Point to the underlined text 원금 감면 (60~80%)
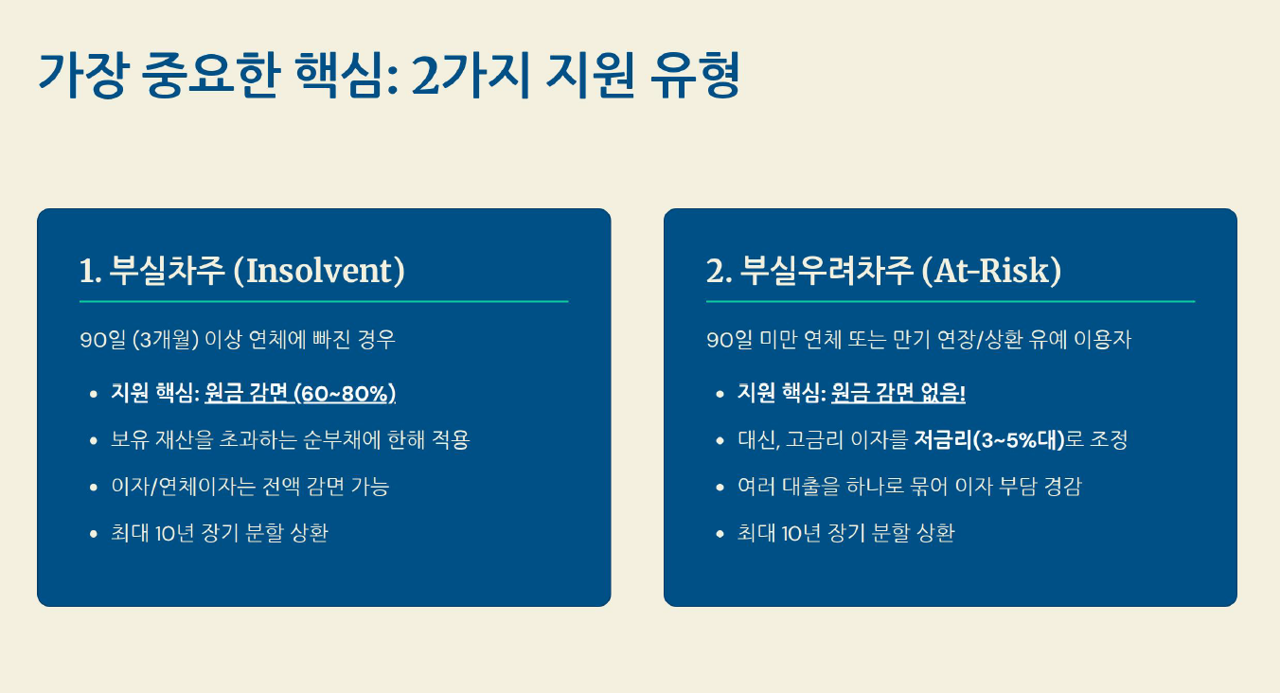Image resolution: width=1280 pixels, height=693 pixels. pos(300,393)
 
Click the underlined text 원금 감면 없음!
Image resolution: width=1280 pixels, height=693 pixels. pos(898,393)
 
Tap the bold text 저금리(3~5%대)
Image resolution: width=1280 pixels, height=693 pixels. pos(989,440)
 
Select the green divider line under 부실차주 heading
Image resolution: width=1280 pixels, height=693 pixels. pos(324,301)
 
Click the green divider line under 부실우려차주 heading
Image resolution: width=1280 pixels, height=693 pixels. pos(951,301)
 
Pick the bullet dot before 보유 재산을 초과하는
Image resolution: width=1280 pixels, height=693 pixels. pos(94,440)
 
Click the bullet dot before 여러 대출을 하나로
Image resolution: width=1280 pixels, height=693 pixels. pos(720,488)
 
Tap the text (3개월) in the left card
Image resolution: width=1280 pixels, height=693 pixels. pos(165,340)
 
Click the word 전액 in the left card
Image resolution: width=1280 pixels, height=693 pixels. pos(280,487)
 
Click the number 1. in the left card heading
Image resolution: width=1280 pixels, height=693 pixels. pos(90,271)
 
